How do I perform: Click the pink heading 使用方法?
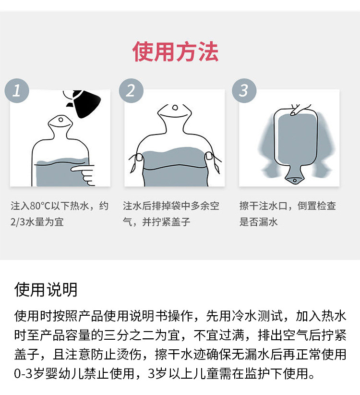tap(175, 52)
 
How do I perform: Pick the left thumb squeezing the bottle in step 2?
tap(139, 157)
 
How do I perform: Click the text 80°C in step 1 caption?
tap(40, 206)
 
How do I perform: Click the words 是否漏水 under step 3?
tap(259, 222)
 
